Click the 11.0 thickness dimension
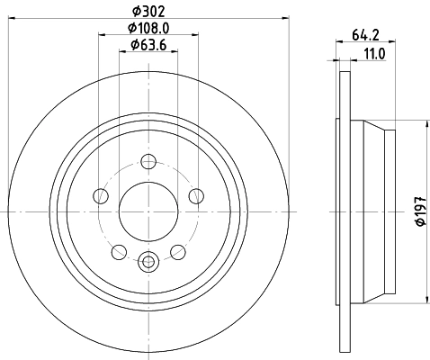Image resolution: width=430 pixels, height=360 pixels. click(x=374, y=54)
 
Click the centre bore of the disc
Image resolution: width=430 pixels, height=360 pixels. click(x=148, y=211)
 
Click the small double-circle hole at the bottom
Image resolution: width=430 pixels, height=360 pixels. click(x=148, y=262)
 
